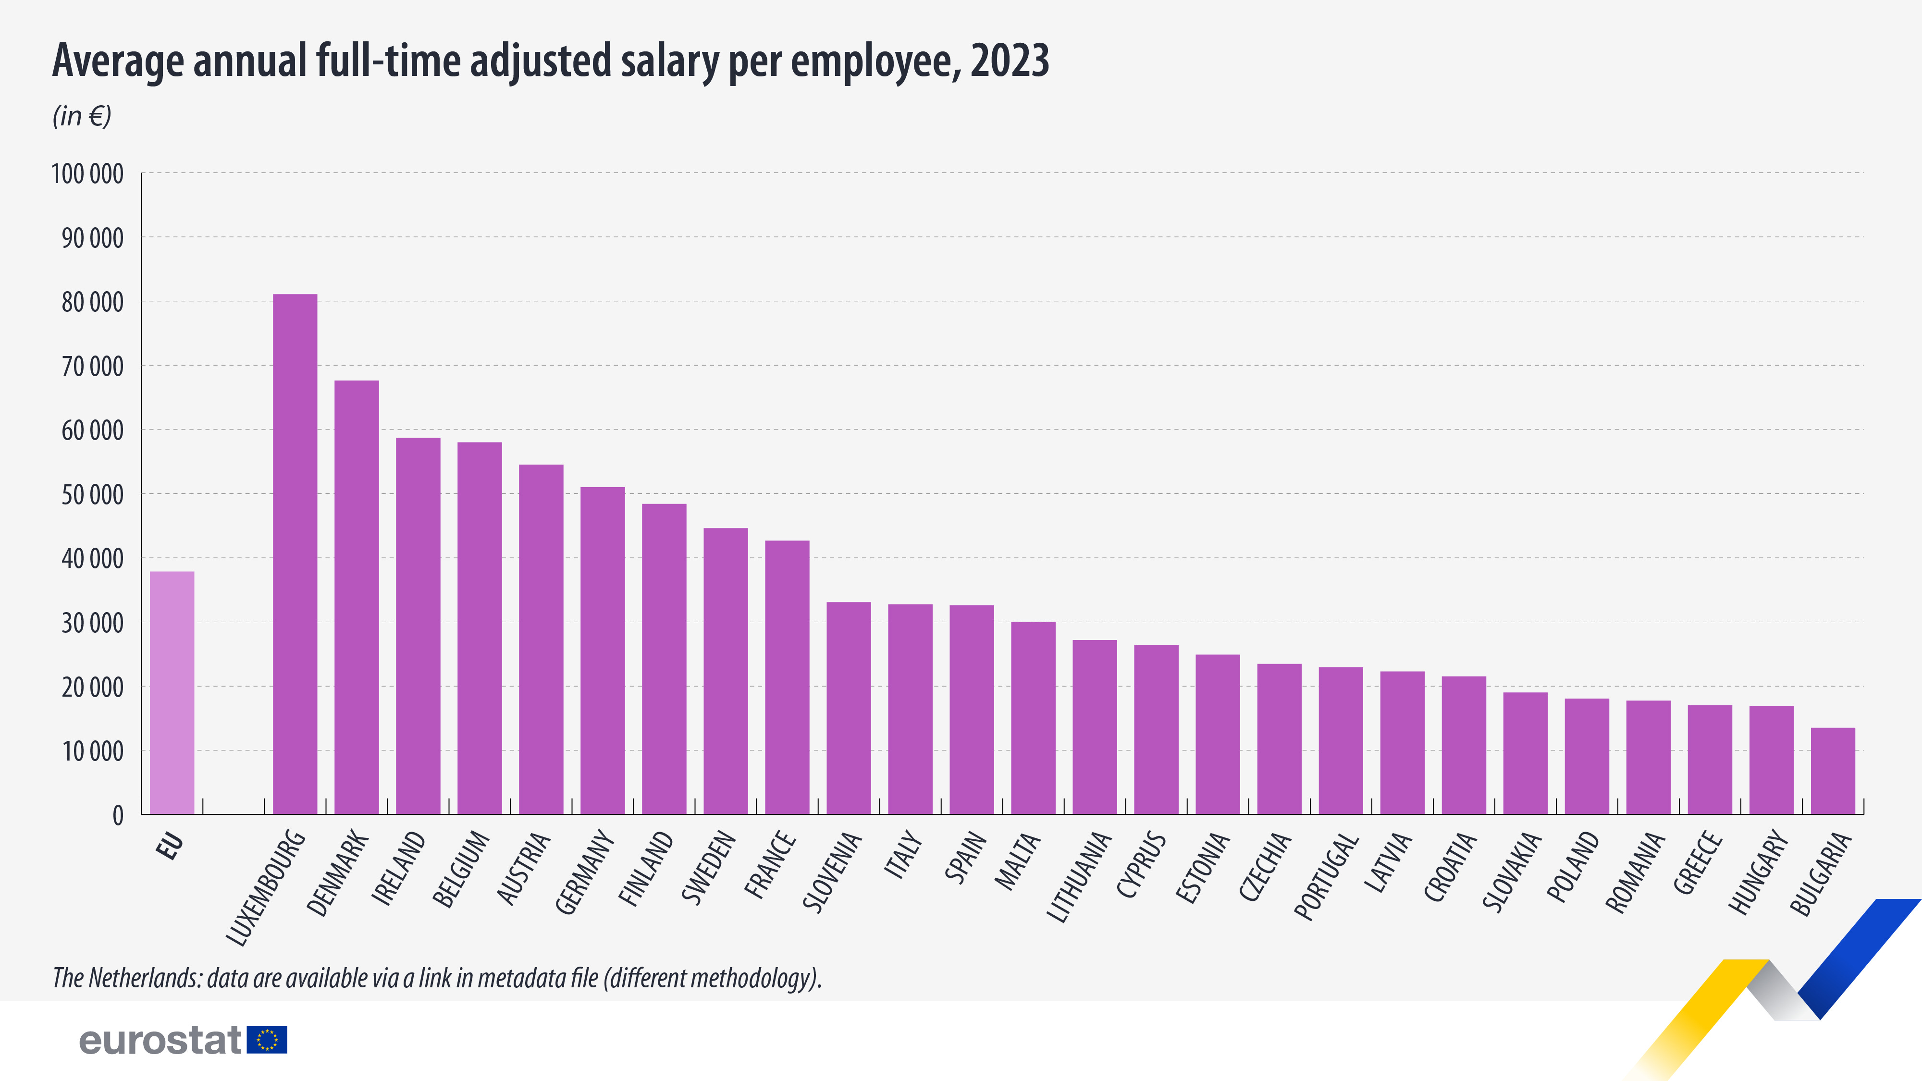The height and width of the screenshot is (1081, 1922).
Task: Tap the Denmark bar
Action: (357, 597)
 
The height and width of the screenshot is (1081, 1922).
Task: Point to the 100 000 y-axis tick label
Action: (87, 174)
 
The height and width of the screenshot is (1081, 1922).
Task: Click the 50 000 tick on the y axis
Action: (93, 495)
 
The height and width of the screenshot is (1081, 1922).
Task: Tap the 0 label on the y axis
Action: (118, 815)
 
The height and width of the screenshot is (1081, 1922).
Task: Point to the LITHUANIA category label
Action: (1079, 877)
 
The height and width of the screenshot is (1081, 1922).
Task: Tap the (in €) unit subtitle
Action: (82, 116)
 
